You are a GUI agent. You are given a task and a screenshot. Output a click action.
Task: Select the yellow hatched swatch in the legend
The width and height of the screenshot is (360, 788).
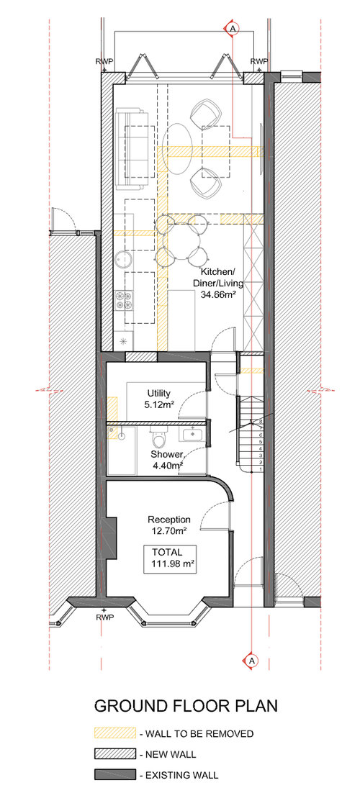click(114, 733)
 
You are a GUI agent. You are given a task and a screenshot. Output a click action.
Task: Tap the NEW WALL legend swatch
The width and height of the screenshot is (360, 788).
click(114, 754)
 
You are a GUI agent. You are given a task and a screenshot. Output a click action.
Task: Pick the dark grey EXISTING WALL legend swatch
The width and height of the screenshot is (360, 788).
click(114, 775)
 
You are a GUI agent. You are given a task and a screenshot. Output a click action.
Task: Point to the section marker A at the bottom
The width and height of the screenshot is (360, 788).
click(251, 659)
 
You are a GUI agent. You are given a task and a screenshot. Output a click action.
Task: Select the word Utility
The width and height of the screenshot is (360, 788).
click(158, 393)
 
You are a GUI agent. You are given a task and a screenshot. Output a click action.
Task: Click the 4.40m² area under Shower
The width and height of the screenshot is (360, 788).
click(166, 466)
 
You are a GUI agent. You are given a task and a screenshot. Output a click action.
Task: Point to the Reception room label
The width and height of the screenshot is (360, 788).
click(168, 520)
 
